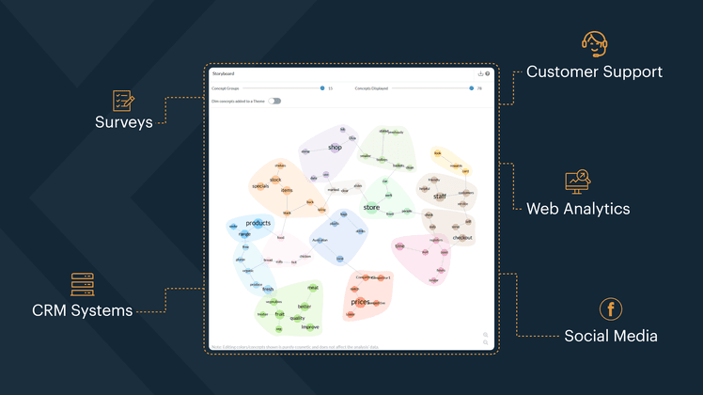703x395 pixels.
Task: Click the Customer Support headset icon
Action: [594, 43]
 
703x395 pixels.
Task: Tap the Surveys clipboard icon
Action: [123, 100]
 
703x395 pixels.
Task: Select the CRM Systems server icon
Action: [83, 284]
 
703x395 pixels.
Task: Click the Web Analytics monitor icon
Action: [577, 182]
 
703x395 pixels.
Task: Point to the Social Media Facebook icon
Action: [611, 309]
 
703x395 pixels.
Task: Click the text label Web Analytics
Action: [577, 209]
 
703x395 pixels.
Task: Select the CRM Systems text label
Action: [83, 310]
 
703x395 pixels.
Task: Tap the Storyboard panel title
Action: [224, 73]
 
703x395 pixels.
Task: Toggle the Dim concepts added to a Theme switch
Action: [274, 101]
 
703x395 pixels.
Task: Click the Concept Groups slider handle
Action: [321, 87]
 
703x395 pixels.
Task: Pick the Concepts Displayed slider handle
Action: [472, 87]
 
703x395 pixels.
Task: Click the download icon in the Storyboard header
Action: [480, 73]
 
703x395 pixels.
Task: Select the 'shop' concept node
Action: [335, 148]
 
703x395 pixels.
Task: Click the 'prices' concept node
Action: [361, 302]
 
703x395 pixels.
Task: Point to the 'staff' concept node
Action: [440, 197]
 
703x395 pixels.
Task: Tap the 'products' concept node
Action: [258, 223]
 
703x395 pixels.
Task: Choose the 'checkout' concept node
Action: [462, 238]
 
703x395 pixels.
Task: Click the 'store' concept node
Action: [371, 207]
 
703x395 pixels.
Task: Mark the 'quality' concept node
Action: [298, 318]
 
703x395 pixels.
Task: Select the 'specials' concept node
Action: [260, 186]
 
